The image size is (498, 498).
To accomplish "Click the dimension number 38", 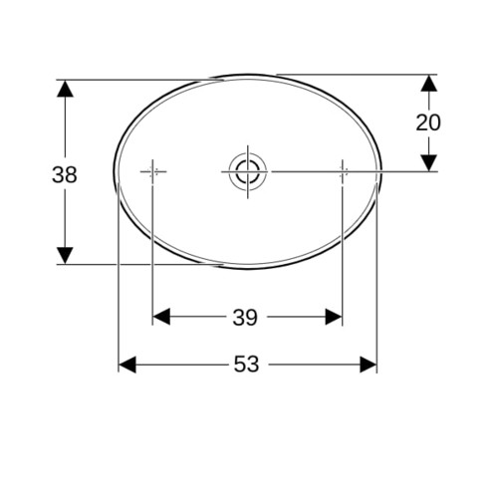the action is (65, 175).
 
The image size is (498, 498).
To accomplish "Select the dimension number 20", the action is (428, 123).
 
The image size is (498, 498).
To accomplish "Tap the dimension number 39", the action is (245, 318).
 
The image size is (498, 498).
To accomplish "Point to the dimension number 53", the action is (246, 364).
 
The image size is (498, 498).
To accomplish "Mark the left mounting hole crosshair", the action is (152, 171).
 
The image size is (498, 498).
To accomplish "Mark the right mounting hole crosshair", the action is (343, 171).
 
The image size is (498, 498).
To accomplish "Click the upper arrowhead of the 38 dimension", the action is (65, 89).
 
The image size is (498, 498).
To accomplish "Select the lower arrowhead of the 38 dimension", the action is (65, 256).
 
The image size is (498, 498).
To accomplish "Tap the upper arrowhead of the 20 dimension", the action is (429, 83).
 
